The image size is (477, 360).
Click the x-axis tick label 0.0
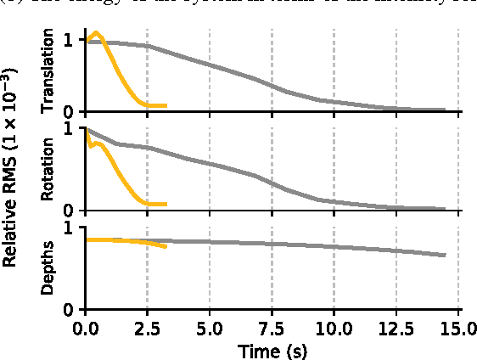(86, 327)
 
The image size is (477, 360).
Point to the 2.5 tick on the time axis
(148, 327)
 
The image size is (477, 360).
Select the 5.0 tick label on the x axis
(210, 327)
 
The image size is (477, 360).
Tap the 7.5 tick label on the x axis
(272, 327)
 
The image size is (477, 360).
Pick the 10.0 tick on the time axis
(334, 327)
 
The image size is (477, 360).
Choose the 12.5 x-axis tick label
(396, 327)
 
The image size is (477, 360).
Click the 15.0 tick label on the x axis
(457, 327)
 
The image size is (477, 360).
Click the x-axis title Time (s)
(272, 348)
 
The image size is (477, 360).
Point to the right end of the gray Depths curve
(445, 255)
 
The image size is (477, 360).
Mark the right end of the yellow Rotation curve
(166, 204)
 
